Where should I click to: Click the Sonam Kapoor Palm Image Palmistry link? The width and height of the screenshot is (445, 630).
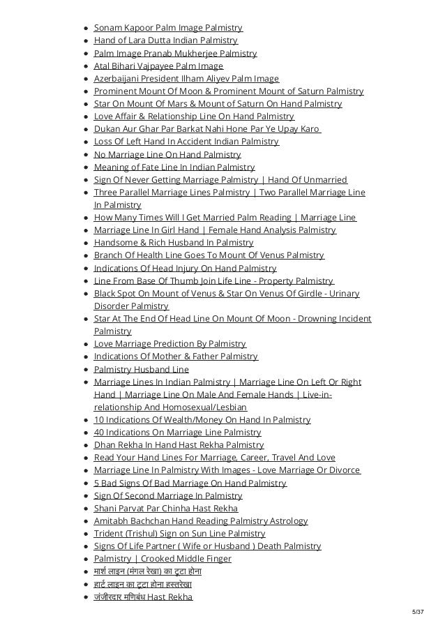tap(168, 28)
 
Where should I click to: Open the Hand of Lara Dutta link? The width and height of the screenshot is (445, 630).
tap(165, 40)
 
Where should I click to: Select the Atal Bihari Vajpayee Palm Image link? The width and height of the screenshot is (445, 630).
tap(158, 66)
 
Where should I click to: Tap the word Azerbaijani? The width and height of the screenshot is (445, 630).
tap(119, 79)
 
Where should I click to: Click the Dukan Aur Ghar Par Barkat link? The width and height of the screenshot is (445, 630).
tap(206, 129)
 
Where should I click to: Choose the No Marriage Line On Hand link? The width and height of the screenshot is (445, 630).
tap(167, 154)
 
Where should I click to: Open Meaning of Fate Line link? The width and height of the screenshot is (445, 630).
tap(174, 167)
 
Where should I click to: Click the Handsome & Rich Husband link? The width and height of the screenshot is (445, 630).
tap(173, 243)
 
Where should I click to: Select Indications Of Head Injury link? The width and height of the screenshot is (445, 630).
tap(185, 268)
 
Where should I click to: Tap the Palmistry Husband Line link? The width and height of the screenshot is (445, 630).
tap(141, 369)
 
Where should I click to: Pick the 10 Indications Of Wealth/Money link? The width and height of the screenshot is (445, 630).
tap(202, 419)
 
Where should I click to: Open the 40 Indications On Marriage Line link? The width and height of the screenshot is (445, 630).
tap(177, 433)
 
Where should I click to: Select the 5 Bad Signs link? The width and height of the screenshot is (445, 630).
tap(190, 483)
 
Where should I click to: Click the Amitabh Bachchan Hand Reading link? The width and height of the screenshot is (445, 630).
tap(200, 521)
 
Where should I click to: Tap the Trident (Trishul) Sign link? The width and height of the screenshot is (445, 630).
tap(179, 534)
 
